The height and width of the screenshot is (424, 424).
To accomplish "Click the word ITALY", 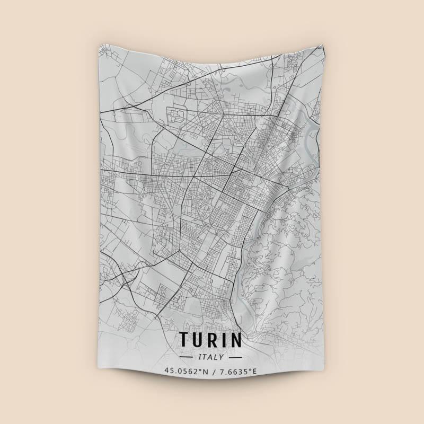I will click(212, 357).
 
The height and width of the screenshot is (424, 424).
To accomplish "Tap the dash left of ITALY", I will click(188, 357).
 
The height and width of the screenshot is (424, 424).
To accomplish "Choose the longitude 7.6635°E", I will click(237, 370).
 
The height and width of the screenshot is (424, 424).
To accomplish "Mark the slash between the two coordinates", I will click(211, 370).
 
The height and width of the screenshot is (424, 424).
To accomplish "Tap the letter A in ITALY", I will click(211, 357).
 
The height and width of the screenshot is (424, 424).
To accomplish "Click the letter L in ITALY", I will click(217, 357).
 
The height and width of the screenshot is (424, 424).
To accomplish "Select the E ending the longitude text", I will click(254, 370).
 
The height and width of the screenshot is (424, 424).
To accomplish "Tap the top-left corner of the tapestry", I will click(100, 46).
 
